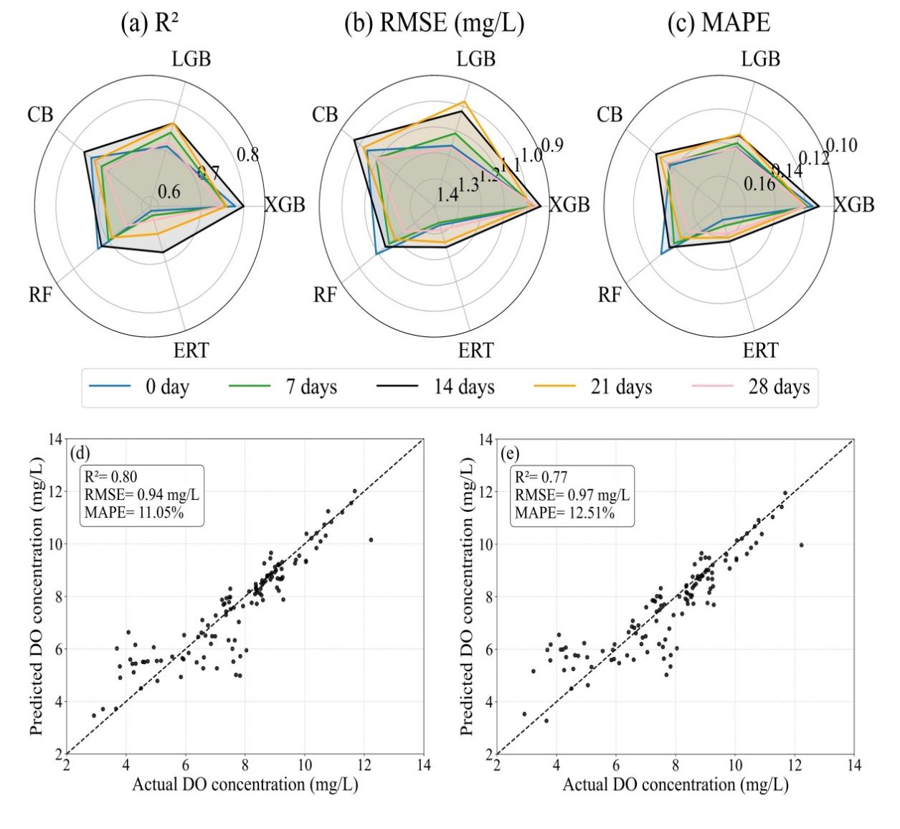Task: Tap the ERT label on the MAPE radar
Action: click(760, 351)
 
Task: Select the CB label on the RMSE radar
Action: click(326, 114)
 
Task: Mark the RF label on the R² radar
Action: click(41, 295)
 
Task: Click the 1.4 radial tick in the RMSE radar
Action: click(447, 194)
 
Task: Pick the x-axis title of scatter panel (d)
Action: click(245, 785)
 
